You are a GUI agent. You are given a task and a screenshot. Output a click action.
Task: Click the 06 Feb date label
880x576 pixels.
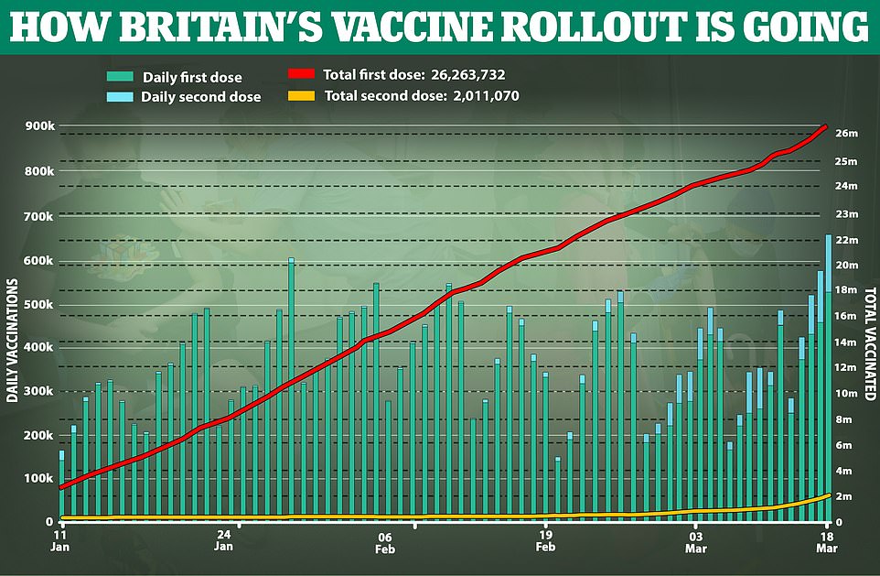tap(383, 542)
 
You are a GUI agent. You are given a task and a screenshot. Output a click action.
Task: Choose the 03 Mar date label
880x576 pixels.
tap(696, 542)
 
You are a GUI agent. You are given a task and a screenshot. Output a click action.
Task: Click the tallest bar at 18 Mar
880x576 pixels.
tap(829, 385)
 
